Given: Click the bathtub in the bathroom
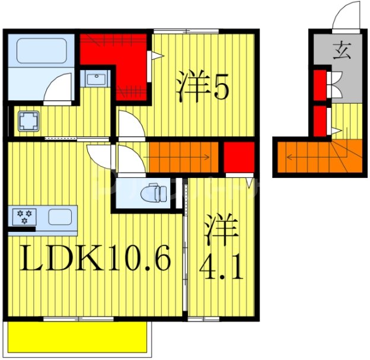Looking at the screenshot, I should click(41, 51).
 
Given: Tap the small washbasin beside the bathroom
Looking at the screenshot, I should click(95, 78).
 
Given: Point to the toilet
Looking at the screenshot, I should click(155, 193).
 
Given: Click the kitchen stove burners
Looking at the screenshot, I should click(24, 216).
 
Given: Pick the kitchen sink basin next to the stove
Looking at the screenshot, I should click(59, 216).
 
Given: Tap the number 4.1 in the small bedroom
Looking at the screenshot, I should click(221, 270).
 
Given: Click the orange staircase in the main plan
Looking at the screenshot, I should click(183, 157).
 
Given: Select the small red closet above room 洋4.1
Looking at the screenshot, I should click(239, 157).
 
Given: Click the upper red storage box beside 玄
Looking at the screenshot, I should click(320, 84).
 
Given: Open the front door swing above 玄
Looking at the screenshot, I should click(347, 18).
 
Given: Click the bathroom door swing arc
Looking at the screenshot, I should click(59, 89).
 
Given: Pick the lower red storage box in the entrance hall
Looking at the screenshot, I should click(320, 120).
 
